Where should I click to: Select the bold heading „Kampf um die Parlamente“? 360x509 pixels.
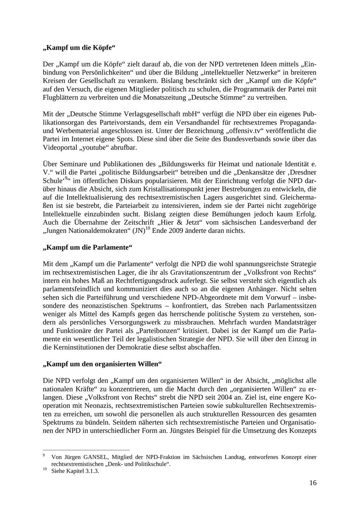[x=87, y=247]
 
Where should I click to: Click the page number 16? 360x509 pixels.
[x=312, y=483]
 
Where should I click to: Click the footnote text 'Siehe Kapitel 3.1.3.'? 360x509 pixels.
[x=75, y=471]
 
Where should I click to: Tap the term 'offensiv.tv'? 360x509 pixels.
[x=248, y=130]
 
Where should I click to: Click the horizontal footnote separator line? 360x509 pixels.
[x=86, y=450]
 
